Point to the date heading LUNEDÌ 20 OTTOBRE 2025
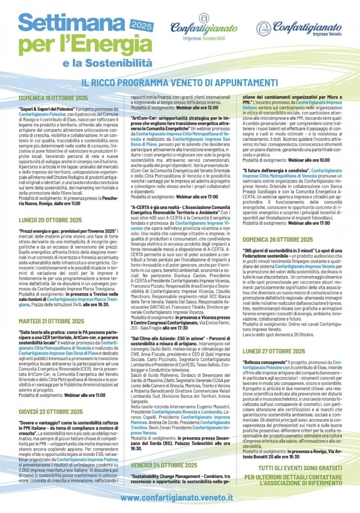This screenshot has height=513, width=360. click(50, 220)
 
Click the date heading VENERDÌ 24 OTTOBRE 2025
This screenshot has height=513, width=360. click(164, 465)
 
